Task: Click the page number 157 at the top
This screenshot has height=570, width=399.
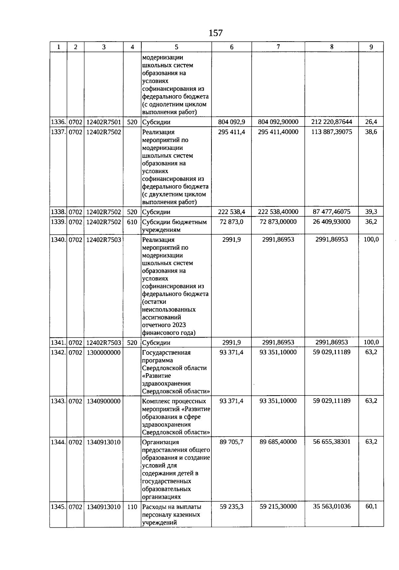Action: [x=215, y=33]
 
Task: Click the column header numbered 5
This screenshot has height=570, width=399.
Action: [x=177, y=47]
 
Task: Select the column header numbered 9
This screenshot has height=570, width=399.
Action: [x=371, y=47]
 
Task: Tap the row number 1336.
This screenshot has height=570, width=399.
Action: [x=58, y=122]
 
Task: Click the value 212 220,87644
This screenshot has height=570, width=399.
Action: [x=332, y=122]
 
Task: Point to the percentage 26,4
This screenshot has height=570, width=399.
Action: [x=371, y=122]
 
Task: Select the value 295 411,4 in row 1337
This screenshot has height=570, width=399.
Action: [x=231, y=132]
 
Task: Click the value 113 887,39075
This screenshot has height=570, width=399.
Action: [x=332, y=132]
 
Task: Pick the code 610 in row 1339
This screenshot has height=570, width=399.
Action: [x=132, y=222]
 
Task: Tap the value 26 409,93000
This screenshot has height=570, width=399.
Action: [x=332, y=222]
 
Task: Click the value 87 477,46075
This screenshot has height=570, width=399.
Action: [x=332, y=212]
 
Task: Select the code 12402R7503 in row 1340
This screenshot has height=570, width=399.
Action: [x=104, y=240]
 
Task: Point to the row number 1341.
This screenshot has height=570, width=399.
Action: [x=58, y=343]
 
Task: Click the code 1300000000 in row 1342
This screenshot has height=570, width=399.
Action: [x=104, y=353]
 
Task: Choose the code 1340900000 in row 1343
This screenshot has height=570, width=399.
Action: [x=104, y=401]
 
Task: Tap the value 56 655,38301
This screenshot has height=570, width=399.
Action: [x=332, y=442]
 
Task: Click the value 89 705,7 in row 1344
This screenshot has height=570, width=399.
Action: [x=231, y=442]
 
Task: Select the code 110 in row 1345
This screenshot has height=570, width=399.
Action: [x=132, y=507]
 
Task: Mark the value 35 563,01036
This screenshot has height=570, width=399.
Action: [x=332, y=506]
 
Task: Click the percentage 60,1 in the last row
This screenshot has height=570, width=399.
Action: [x=371, y=506]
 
